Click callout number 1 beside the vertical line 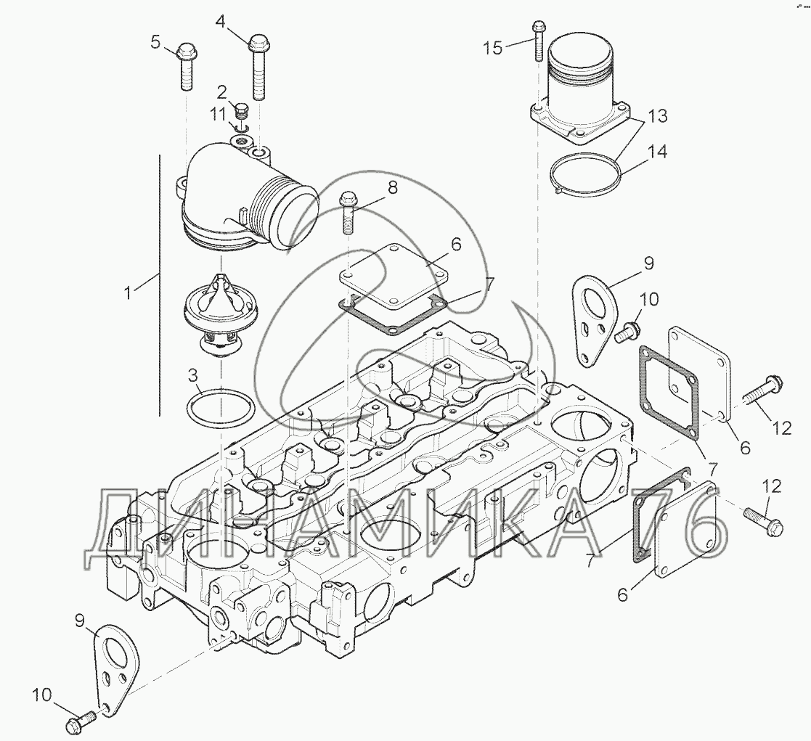129,293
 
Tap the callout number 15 492,48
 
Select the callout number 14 657,152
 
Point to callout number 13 657,115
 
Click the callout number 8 393,188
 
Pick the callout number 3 192,375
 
